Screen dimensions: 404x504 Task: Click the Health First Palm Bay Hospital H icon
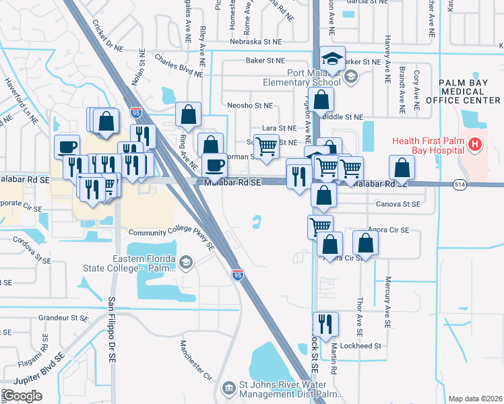pyautogui.click(x=476, y=144)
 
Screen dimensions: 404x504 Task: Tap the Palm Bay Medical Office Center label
pyautogui.click(x=470, y=91)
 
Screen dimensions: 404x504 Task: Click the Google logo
pyautogui.click(x=22, y=396)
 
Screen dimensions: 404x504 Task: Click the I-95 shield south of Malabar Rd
pyautogui.click(x=237, y=274)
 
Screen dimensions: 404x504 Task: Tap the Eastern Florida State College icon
pyautogui.click(x=185, y=261)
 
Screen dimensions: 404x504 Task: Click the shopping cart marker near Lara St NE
pyautogui.click(x=267, y=145)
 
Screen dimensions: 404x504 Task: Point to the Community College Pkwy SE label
pyautogui.click(x=171, y=239)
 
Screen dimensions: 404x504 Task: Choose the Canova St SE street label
pyautogui.click(x=396, y=204)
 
